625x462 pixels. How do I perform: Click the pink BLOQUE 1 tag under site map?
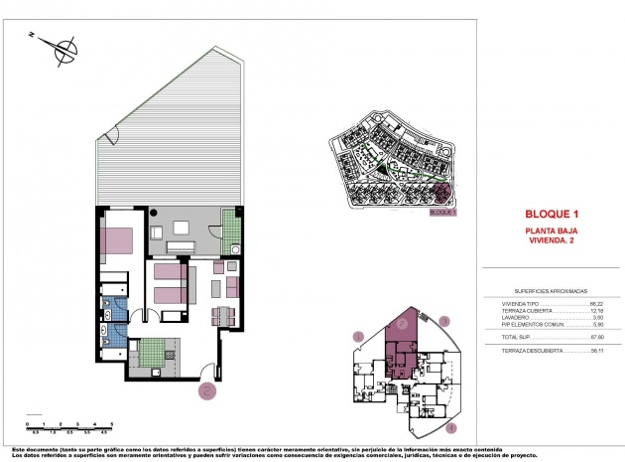441,212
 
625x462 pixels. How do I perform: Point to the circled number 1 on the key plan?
358,337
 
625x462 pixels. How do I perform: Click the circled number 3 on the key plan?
445,320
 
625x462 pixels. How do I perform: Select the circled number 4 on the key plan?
451,428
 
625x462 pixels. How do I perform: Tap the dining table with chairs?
223,316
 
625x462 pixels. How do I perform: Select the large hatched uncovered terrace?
169,139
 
